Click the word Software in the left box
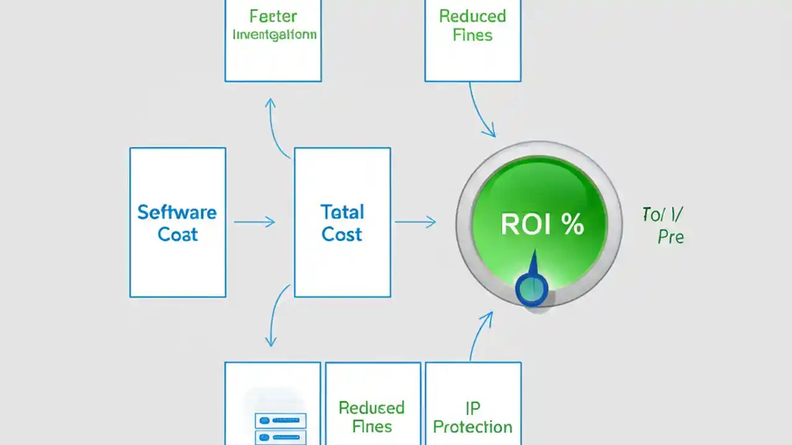pyautogui.click(x=177, y=213)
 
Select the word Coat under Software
pyautogui.click(x=178, y=235)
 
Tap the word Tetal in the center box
pyautogui.click(x=342, y=213)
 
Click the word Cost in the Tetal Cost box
pyautogui.click(x=342, y=235)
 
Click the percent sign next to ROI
pyautogui.click(x=573, y=226)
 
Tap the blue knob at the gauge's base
pyautogui.click(x=532, y=289)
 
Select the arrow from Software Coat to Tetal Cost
pyautogui.click(x=254, y=222)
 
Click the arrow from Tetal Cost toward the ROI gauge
pyautogui.click(x=415, y=222)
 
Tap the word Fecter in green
pyautogui.click(x=273, y=16)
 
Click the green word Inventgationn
pyautogui.click(x=274, y=35)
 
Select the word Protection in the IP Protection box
pyautogui.click(x=473, y=427)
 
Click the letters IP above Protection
pyautogui.click(x=473, y=407)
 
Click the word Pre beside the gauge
pyautogui.click(x=671, y=237)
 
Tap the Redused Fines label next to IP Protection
pyautogui.click(x=371, y=417)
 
